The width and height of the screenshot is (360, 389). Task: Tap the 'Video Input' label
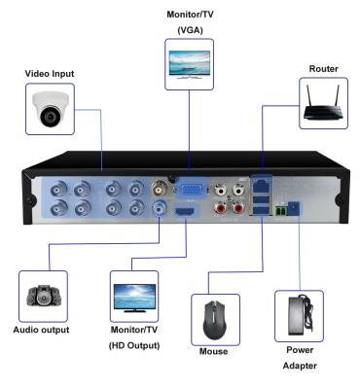49,74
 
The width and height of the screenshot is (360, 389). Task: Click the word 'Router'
323,69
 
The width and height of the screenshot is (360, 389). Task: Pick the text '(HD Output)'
135,346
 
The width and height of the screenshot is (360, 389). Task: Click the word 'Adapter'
300,368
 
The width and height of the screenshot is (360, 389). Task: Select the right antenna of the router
339,94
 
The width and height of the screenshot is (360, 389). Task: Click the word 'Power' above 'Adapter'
300,350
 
